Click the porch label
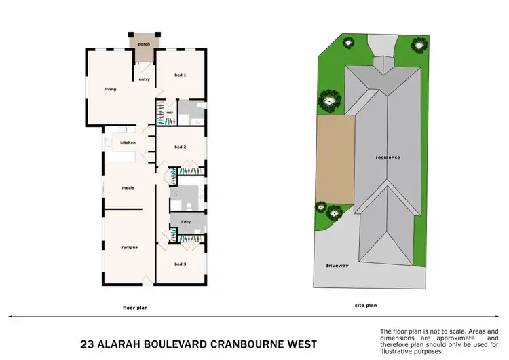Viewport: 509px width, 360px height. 143,44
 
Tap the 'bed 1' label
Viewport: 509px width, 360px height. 181,75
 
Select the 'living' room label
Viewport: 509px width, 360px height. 111,89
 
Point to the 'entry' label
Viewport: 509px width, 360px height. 145,79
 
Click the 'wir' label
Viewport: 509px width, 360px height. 170,113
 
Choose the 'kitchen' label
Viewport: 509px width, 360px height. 128,143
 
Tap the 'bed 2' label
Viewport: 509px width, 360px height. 181,147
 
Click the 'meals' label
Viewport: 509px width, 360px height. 128,187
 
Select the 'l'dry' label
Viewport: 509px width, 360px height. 185,221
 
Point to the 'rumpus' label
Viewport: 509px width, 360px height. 130,247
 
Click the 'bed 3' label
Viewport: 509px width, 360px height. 181,264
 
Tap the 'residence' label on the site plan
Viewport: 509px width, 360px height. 388,158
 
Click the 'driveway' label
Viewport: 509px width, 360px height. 337,266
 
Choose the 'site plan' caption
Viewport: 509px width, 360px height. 365,306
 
